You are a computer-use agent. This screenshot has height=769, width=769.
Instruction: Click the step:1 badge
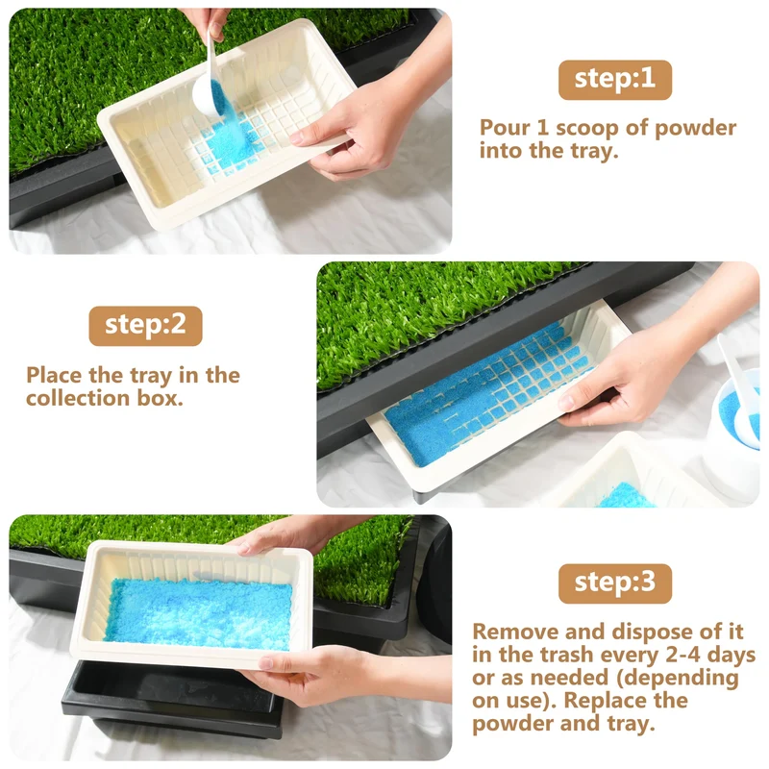615,80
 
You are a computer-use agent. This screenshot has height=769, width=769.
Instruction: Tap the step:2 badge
146,326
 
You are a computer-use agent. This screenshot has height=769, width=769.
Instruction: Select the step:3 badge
615,583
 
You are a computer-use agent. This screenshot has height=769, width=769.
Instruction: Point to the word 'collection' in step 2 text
78,398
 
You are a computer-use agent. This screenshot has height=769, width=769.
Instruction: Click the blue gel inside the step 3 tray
199,614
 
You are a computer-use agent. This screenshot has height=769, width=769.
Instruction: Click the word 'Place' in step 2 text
54,376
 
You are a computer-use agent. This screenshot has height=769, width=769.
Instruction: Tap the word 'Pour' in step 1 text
504,128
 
